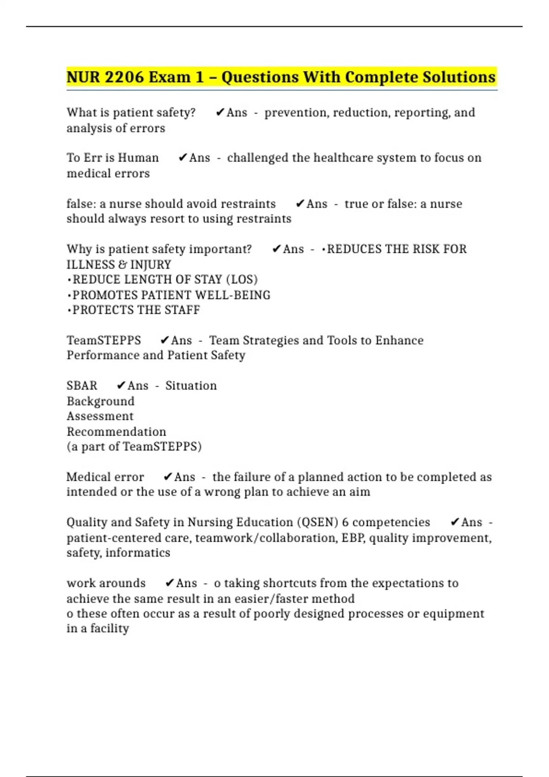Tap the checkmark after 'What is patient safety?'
[x=220, y=112]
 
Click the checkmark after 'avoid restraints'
[x=300, y=204]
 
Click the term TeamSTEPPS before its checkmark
[x=104, y=341]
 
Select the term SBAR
[x=82, y=386]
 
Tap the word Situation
[x=191, y=386]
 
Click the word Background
[x=101, y=401]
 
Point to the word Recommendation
[x=116, y=432]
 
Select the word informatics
[x=138, y=553]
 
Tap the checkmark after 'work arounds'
[x=170, y=583]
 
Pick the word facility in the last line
[x=109, y=629]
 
